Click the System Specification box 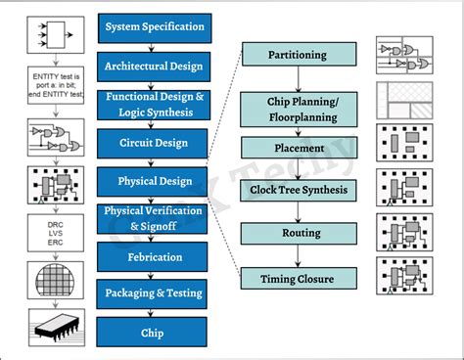[x=155, y=26]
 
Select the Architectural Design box [x=155, y=65]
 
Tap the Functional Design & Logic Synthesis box [x=155, y=105]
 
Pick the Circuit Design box [x=155, y=143]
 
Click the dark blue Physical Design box [x=155, y=181]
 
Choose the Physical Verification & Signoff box [x=155, y=218]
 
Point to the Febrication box [x=155, y=256]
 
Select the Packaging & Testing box [x=155, y=292]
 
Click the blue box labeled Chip [x=155, y=333]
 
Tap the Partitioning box [x=297, y=55]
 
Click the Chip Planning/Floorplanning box [x=297, y=109]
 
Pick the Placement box [x=297, y=148]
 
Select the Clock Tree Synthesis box [x=297, y=190]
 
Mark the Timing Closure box [x=297, y=279]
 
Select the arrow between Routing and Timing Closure [x=297, y=257]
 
